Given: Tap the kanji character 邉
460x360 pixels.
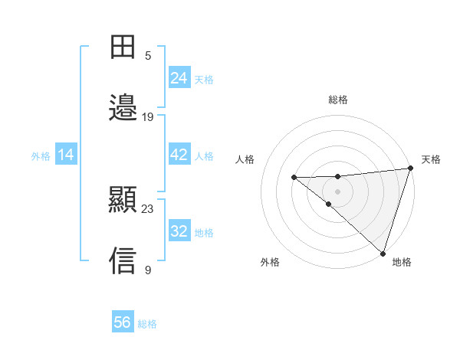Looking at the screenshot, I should point(123,107).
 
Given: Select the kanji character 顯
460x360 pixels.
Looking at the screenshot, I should point(123,200).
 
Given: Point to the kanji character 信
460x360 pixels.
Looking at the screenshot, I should point(123,260).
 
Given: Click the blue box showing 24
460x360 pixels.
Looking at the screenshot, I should point(179,77).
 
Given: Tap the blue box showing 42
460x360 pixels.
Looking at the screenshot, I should point(179,155).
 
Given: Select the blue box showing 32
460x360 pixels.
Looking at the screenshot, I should point(179,231).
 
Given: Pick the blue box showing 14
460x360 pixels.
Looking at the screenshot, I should point(66,155).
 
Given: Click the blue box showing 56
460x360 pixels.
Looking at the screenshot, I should point(123,322).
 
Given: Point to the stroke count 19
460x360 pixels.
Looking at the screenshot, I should point(148,117).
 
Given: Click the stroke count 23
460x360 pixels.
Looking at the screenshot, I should point(148,209).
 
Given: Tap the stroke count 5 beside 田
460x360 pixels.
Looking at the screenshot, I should point(148,56).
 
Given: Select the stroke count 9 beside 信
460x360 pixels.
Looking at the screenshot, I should point(148,270).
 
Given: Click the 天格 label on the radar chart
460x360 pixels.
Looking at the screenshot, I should point(431,159).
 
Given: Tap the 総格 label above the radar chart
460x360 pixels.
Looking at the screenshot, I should point(338,100).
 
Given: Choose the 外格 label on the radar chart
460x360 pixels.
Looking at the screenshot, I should point(270,262).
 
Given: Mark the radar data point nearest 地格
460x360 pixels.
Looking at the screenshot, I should point(383,254).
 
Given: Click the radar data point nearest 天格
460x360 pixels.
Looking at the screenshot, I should point(410,169).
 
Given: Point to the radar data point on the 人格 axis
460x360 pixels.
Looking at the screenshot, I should point(294,178).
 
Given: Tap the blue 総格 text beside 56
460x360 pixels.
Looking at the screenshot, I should point(147,324).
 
